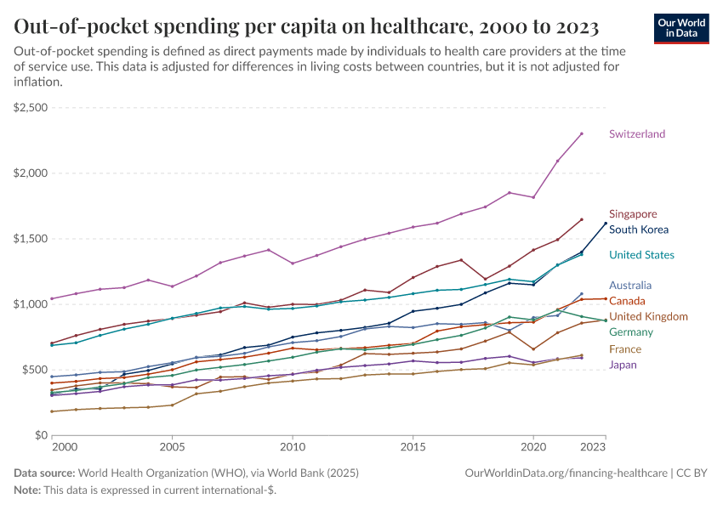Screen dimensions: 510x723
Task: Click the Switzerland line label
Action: pyautogui.click(x=637, y=134)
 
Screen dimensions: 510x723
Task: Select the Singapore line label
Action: pyautogui.click(x=633, y=214)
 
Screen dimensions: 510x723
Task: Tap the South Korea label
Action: pyautogui.click(x=639, y=229)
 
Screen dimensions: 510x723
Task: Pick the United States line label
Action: pyautogui.click(x=641, y=255)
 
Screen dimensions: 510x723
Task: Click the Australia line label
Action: pyautogui.click(x=631, y=286)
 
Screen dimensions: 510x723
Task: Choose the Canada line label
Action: pyautogui.click(x=627, y=301)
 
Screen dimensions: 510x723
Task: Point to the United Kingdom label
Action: pyautogui.click(x=648, y=317)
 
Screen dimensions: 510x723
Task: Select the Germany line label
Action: pyautogui.click(x=631, y=332)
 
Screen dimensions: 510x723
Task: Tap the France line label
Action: pyautogui.click(x=625, y=349)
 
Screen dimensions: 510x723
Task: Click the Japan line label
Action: pyautogui.click(x=623, y=365)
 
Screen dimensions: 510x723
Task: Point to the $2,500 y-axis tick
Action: pyautogui.click(x=31, y=108)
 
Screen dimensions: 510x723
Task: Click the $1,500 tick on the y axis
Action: pyautogui.click(x=31, y=239)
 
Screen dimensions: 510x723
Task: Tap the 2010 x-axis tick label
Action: pyautogui.click(x=293, y=446)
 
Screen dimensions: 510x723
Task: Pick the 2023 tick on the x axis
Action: pyautogui.click(x=594, y=446)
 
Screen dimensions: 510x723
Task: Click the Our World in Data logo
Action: pyautogui.click(x=680, y=28)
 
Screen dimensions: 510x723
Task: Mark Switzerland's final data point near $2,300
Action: pyautogui.click(x=581, y=133)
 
